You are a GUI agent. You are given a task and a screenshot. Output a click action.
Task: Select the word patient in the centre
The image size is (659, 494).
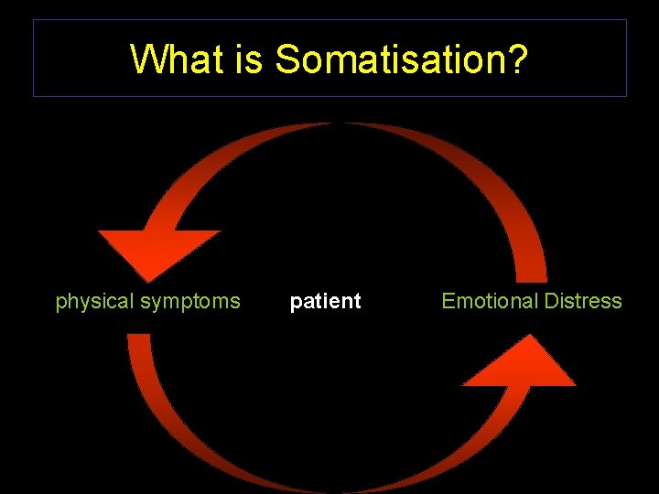325,302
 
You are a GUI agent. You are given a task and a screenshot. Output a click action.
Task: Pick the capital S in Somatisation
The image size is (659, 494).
287,59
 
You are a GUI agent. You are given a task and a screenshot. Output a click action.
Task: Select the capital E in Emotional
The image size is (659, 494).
448,301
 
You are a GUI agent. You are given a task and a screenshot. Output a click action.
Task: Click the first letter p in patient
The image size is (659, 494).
296,303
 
